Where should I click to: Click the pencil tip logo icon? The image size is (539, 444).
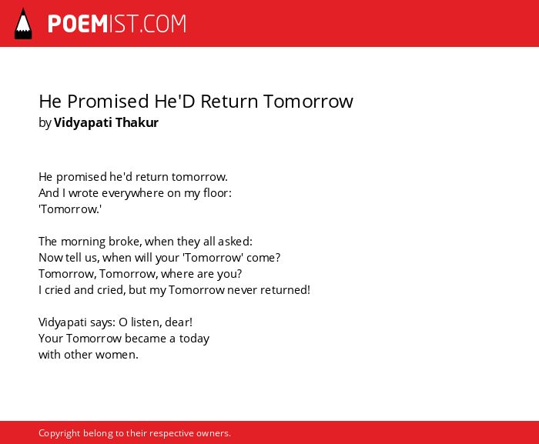(x=23, y=24)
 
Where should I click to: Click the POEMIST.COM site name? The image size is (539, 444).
(x=117, y=24)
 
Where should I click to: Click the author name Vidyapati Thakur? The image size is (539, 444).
(x=106, y=122)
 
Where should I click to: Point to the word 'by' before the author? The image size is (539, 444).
(x=45, y=123)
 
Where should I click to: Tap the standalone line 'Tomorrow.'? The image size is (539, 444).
(x=70, y=209)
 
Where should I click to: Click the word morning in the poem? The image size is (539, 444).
(x=83, y=242)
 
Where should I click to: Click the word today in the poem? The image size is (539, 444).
(x=194, y=339)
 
